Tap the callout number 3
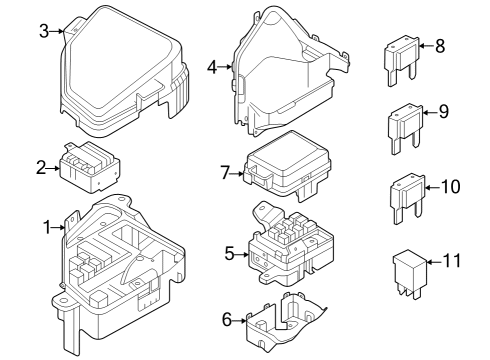(44, 31)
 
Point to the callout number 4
(211, 67)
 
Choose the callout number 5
(228, 254)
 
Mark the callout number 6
(226, 320)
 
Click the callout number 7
(226, 173)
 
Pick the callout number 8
(440, 45)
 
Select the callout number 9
(443, 111)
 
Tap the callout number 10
(449, 186)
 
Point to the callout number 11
(452, 261)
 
